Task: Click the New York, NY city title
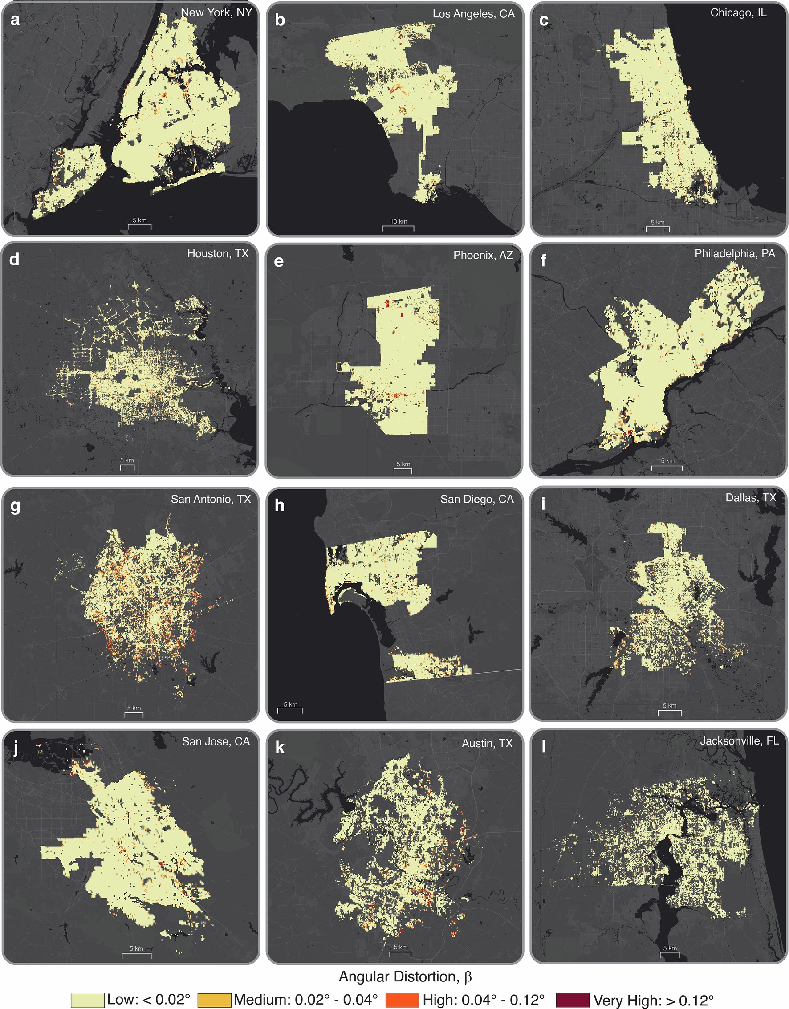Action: pyautogui.click(x=216, y=12)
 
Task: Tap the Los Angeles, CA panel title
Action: pyautogui.click(x=473, y=14)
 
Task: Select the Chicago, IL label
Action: pyautogui.click(x=738, y=12)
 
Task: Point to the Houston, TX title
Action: pyautogui.click(x=218, y=254)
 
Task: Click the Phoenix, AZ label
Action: pyautogui.click(x=483, y=255)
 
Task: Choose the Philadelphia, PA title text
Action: pyautogui.click(x=735, y=253)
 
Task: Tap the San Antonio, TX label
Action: pyautogui.click(x=211, y=499)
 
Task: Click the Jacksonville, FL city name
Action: pyautogui.click(x=739, y=740)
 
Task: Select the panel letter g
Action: pyautogui.click(x=15, y=506)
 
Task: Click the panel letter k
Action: pyautogui.click(x=280, y=748)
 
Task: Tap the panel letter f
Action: pyautogui.click(x=543, y=261)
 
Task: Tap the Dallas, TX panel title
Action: pyautogui.click(x=750, y=497)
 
